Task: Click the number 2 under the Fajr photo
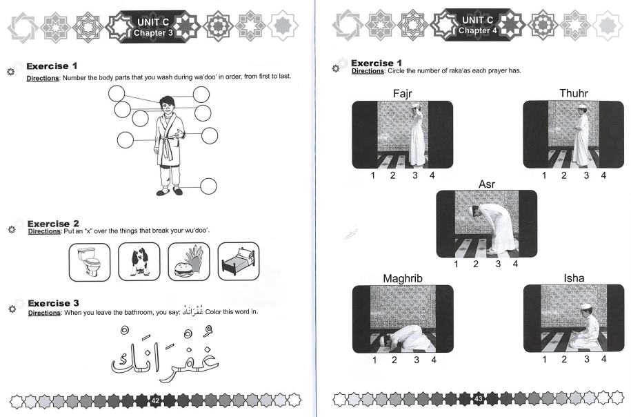[392, 176]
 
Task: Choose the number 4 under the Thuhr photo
[603, 176]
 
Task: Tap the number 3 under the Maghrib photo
[416, 360]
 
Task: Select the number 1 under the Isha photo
[544, 359]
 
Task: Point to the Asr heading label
[488, 184]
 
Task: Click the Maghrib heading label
[403, 278]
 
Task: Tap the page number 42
[155, 400]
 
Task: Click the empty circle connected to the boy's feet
[207, 186]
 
